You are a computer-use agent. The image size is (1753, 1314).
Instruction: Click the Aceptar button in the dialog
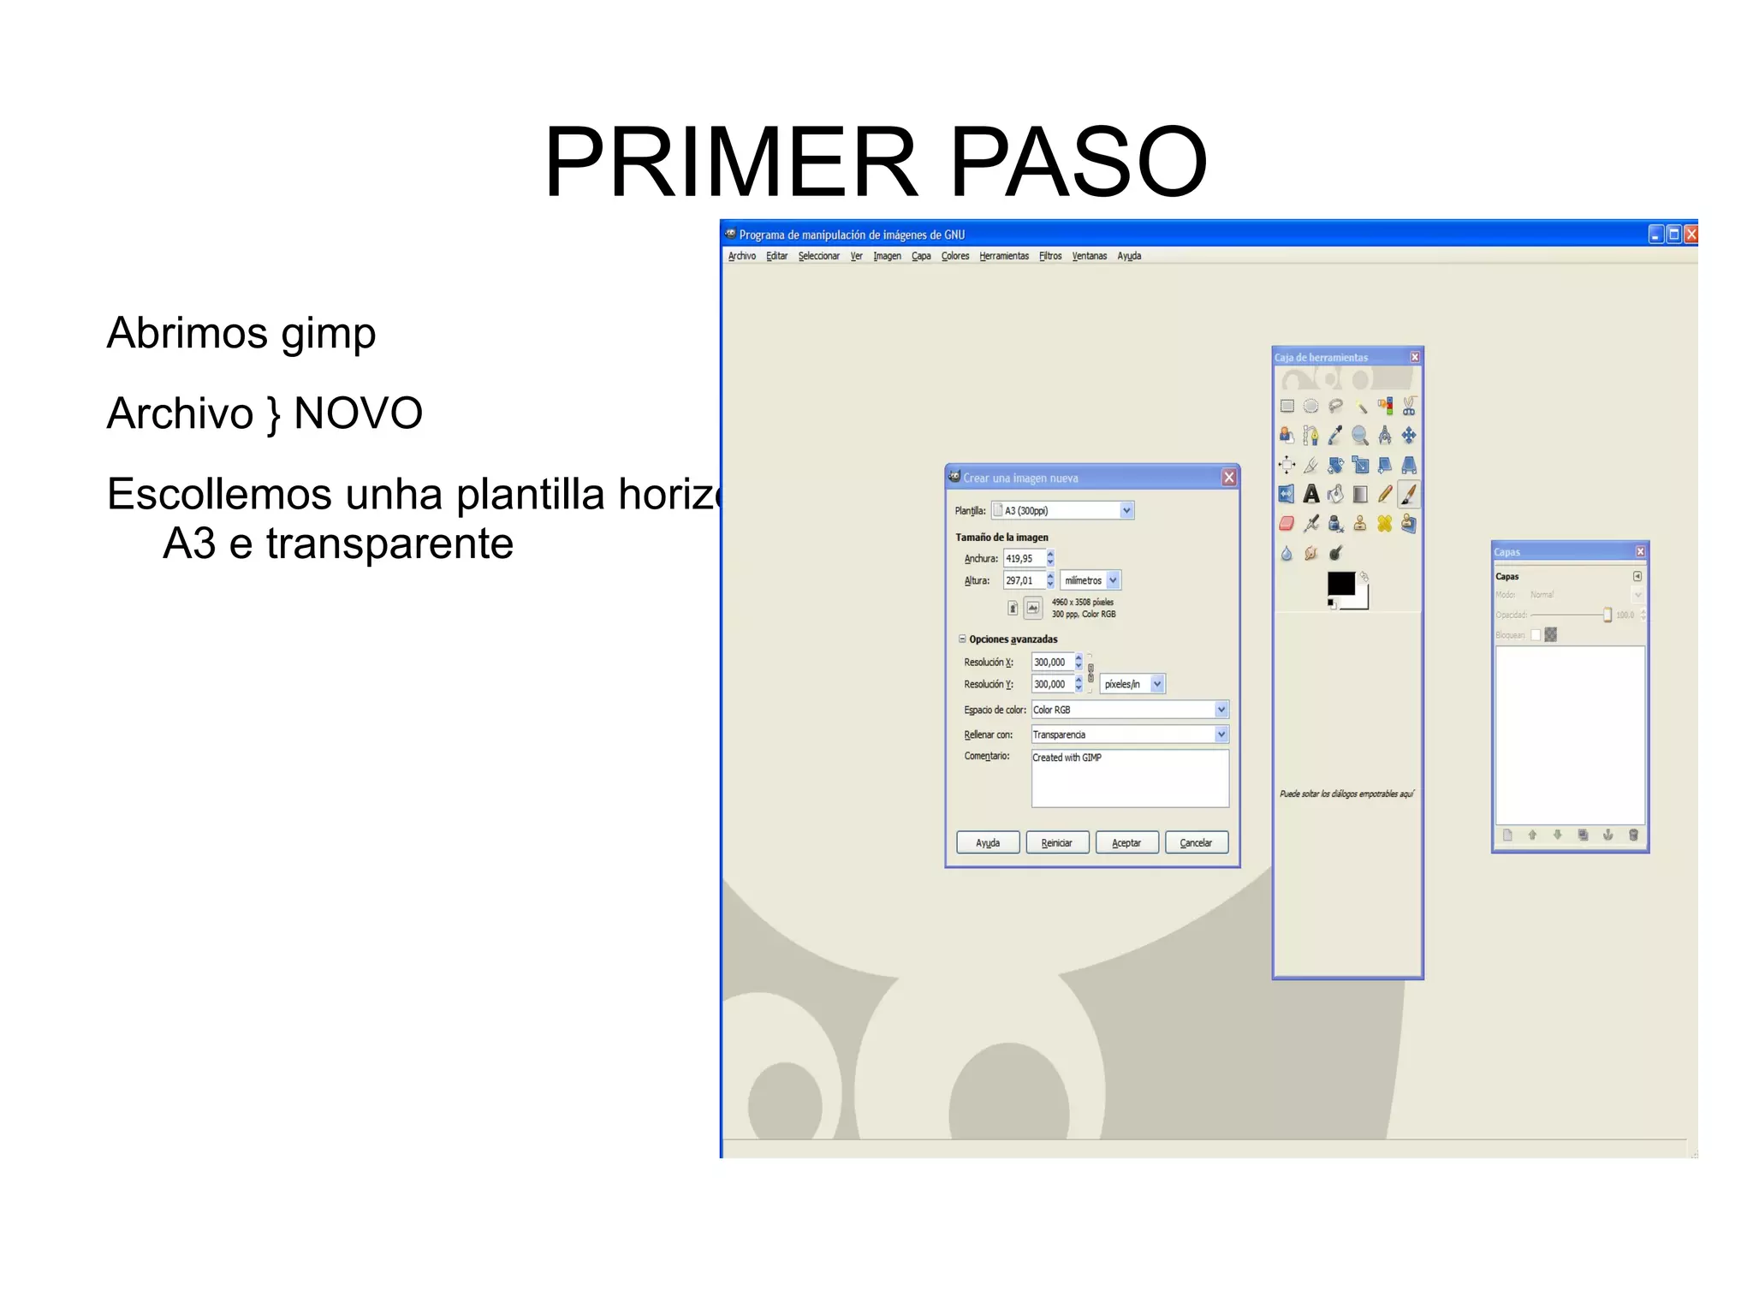click(x=1126, y=843)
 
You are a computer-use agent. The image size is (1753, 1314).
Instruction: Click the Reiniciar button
click(x=1057, y=843)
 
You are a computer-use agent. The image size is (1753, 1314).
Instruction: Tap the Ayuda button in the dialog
click(x=988, y=843)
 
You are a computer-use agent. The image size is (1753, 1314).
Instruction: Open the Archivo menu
click(x=741, y=256)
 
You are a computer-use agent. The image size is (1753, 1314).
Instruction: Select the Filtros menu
click(x=1050, y=256)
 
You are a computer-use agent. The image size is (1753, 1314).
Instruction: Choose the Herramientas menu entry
click(x=1004, y=256)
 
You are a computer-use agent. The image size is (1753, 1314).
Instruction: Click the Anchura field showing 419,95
click(x=1023, y=559)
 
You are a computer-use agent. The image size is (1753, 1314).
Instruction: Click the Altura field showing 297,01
click(x=1023, y=580)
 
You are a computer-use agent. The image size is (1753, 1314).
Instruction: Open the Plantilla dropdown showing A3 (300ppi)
click(x=1063, y=511)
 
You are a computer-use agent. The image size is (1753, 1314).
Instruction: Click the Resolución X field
click(x=1052, y=662)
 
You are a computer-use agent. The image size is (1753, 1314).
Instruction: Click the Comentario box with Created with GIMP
click(x=1130, y=778)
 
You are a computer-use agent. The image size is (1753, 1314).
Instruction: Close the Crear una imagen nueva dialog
click(x=1229, y=478)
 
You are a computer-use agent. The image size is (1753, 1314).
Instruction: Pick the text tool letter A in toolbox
click(x=1311, y=494)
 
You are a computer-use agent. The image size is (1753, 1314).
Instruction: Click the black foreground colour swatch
click(x=1340, y=583)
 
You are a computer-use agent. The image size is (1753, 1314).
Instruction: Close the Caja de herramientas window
click(x=1415, y=357)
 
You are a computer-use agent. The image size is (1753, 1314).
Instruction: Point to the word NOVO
click(x=358, y=413)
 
